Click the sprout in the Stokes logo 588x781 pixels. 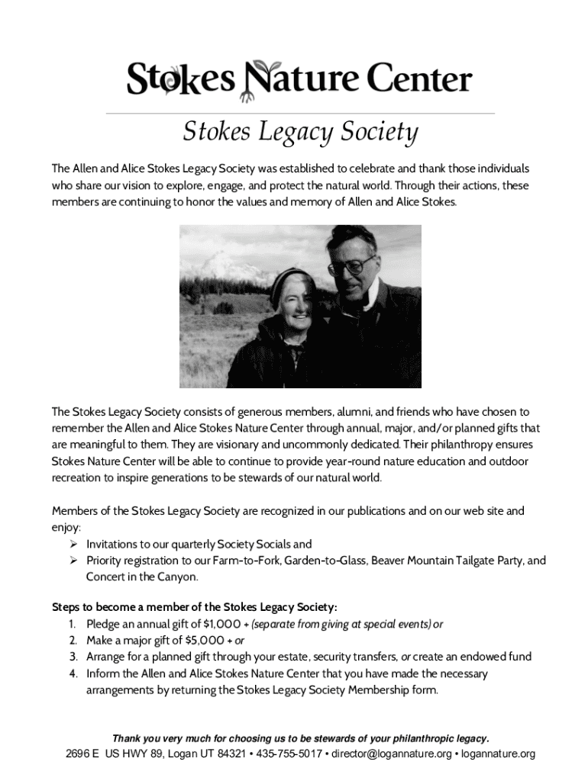pyautogui.click(x=157, y=75)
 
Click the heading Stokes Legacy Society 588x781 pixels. pyautogui.click(x=299, y=133)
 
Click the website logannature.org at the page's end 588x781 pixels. pyautogui.click(x=497, y=754)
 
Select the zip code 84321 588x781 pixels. pyautogui.click(x=228, y=754)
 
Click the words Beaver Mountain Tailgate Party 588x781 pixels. pyautogui.click(x=455, y=561)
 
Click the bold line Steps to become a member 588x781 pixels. pyautogui.click(x=194, y=607)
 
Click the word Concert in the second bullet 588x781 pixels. pyautogui.click(x=108, y=577)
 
